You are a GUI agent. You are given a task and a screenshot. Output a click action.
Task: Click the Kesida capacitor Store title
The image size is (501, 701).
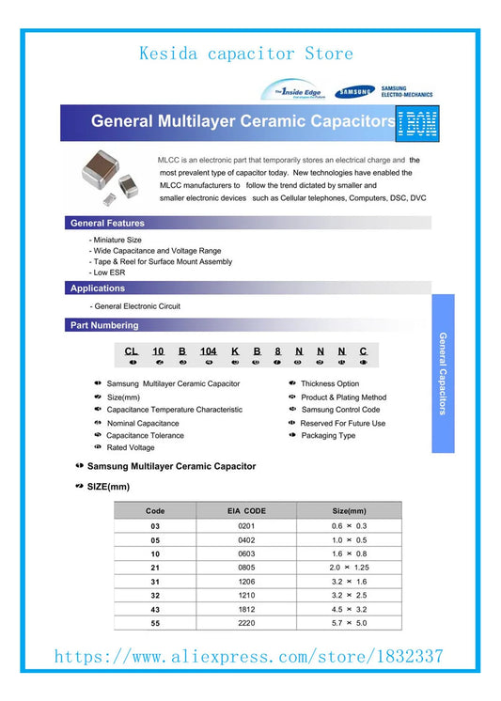246,54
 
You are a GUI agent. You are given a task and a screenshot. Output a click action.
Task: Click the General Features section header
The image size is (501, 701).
107,223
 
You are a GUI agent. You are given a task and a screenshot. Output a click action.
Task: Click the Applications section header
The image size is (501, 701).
97,288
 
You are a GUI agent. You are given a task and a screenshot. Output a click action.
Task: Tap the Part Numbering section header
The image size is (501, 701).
104,325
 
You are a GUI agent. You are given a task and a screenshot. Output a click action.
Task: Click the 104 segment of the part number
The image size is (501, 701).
209,350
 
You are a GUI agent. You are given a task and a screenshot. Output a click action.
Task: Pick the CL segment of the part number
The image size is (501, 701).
132,350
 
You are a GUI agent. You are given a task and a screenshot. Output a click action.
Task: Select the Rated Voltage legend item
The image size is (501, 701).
131,448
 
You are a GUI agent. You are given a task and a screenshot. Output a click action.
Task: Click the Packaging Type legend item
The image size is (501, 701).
327,436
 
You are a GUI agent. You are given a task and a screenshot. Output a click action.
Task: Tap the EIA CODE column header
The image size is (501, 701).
247,511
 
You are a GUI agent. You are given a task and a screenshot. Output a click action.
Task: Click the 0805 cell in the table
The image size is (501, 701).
247,568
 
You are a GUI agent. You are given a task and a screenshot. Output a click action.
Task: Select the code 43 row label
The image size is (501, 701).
155,608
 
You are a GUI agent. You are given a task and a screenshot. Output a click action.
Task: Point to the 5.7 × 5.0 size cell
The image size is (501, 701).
348,622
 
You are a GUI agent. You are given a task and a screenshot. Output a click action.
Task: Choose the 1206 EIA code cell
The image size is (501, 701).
247,582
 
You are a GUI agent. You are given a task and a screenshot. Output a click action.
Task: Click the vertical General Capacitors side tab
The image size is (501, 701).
443,373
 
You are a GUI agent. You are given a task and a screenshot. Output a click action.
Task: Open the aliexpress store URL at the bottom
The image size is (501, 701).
249,656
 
